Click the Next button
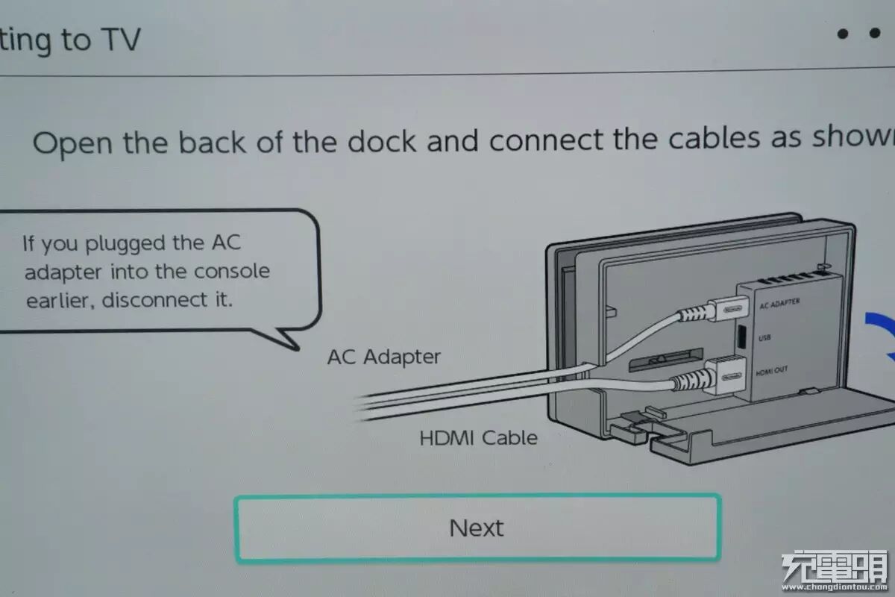(x=477, y=528)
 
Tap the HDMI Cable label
(x=478, y=437)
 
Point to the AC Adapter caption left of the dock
(x=383, y=357)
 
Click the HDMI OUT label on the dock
(x=771, y=371)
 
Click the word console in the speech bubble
(x=231, y=272)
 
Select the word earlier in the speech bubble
(x=60, y=301)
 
